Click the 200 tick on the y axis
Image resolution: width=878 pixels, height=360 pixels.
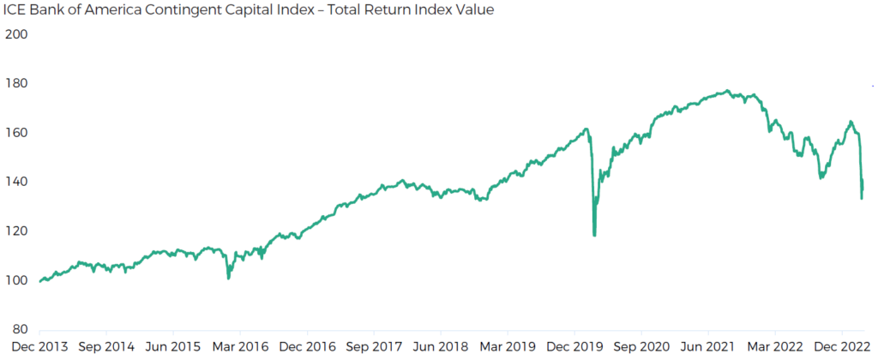tap(17, 34)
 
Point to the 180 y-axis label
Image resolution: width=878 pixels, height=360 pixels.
tap(17, 84)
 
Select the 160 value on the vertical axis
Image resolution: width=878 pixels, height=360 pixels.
tap(17, 133)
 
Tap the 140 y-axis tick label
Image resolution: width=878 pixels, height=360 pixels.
tap(17, 182)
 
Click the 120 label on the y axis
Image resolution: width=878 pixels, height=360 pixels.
tap(17, 231)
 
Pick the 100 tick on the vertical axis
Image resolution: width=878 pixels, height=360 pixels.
tap(17, 280)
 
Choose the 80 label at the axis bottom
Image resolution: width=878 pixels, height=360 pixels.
tap(21, 330)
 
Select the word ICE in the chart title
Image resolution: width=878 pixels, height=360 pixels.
tap(15, 11)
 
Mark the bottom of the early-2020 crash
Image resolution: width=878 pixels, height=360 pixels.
tap(594, 235)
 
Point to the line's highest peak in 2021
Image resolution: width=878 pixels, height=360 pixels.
tap(727, 91)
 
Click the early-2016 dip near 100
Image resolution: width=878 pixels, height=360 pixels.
tap(228, 278)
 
